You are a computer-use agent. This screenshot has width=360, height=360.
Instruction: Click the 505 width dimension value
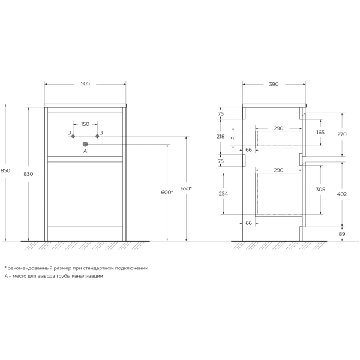(x=85, y=83)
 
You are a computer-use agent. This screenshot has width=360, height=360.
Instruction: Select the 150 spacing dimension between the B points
(x=85, y=124)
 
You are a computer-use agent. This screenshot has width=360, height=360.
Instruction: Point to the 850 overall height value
(x=5, y=170)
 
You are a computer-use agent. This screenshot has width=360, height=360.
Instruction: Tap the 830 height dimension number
(x=28, y=174)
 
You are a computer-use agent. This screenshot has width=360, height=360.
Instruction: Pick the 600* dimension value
(x=167, y=192)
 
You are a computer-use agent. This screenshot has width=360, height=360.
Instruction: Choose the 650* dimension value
(x=186, y=188)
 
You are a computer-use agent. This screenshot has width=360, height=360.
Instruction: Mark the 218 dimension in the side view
(x=220, y=137)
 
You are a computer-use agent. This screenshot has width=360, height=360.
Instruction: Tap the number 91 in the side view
(x=233, y=139)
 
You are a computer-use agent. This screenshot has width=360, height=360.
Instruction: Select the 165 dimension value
(x=320, y=132)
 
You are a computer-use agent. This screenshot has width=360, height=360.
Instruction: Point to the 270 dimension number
(x=341, y=135)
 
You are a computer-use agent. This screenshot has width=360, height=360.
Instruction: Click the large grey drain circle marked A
(x=85, y=144)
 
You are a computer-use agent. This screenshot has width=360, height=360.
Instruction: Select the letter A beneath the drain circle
(x=85, y=152)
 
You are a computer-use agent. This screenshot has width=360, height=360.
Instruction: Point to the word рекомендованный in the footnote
(x=29, y=268)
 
